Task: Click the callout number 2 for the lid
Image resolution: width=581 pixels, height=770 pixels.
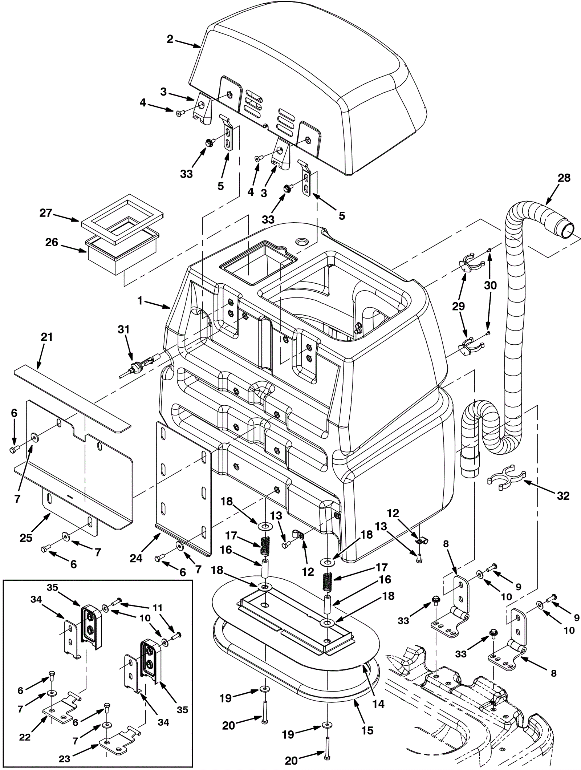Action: pos(170,39)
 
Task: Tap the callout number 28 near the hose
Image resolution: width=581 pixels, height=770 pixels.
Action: pos(564,178)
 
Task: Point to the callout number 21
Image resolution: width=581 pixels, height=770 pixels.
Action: pos(47,337)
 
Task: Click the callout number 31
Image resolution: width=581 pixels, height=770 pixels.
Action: pos(123,329)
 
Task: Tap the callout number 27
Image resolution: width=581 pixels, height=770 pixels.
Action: pos(46,213)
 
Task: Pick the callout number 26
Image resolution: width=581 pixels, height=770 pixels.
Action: pos(52,242)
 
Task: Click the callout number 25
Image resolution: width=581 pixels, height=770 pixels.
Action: pos(26,538)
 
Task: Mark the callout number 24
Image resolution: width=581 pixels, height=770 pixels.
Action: pos(136,558)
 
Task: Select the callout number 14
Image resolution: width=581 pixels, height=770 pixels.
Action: pos(378,704)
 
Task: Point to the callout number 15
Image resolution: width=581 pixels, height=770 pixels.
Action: pos(367,730)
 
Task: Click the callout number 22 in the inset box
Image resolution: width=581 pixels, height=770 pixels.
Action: pos(25,737)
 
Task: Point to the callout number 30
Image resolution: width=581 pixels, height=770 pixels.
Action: pos(490,285)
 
